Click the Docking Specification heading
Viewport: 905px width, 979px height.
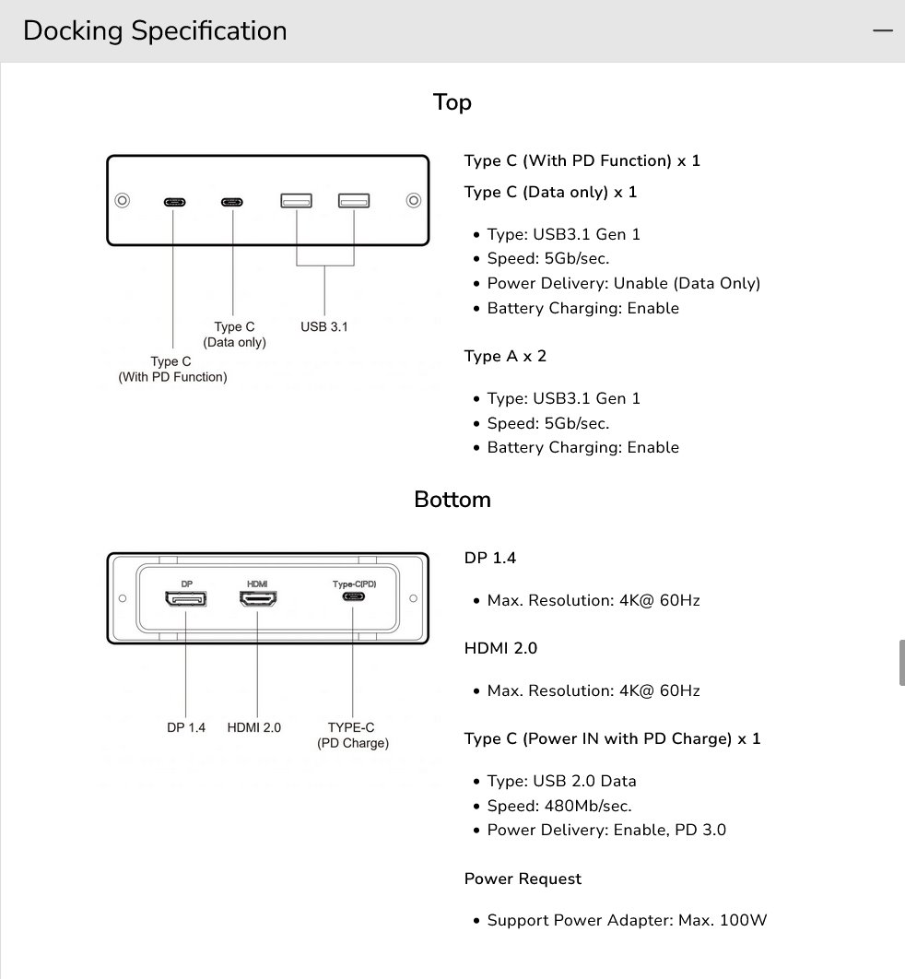(155, 30)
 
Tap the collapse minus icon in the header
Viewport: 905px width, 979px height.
(882, 30)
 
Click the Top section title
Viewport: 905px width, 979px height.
(452, 102)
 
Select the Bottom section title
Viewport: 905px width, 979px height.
(452, 500)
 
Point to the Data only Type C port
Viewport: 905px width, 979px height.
(232, 201)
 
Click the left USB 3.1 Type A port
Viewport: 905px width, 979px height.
(296, 200)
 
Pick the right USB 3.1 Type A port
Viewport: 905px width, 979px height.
(353, 200)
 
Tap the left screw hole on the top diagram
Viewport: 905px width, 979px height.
(122, 200)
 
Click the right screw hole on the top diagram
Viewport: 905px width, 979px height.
(414, 200)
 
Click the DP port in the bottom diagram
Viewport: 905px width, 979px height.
(185, 599)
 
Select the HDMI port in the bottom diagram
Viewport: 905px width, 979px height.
(259, 599)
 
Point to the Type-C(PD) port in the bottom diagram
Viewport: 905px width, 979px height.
(353, 597)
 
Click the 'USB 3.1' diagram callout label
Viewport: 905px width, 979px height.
(324, 326)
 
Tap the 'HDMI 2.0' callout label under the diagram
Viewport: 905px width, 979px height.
(254, 727)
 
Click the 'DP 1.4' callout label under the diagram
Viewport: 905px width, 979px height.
(186, 727)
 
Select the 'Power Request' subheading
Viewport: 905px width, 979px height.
(523, 879)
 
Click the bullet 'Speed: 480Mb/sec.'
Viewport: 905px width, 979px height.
(559, 806)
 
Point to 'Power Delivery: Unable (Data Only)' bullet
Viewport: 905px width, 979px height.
(624, 283)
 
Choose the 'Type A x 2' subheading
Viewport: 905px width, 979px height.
(505, 356)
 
